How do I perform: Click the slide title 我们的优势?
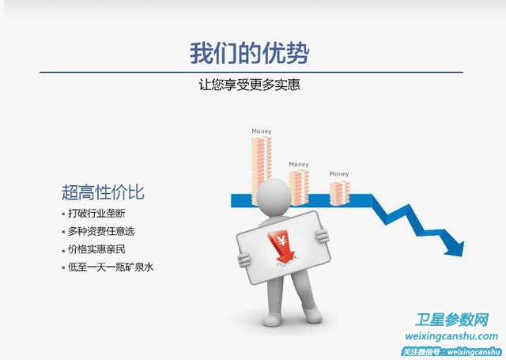249,53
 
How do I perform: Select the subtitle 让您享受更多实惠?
249,85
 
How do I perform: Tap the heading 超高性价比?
103,192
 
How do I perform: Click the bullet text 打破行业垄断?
96,214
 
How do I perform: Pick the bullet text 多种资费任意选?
101,231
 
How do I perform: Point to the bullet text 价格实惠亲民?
96,249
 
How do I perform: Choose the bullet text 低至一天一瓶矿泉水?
111,267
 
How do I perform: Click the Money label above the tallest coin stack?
262,131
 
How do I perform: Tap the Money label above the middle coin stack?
299,165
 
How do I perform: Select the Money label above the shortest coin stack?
339,174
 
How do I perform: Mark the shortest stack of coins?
339,193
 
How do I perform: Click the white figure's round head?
274,197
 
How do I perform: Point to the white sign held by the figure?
283,248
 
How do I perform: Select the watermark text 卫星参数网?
451,320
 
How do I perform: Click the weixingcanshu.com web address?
451,336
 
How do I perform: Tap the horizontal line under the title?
251,72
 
